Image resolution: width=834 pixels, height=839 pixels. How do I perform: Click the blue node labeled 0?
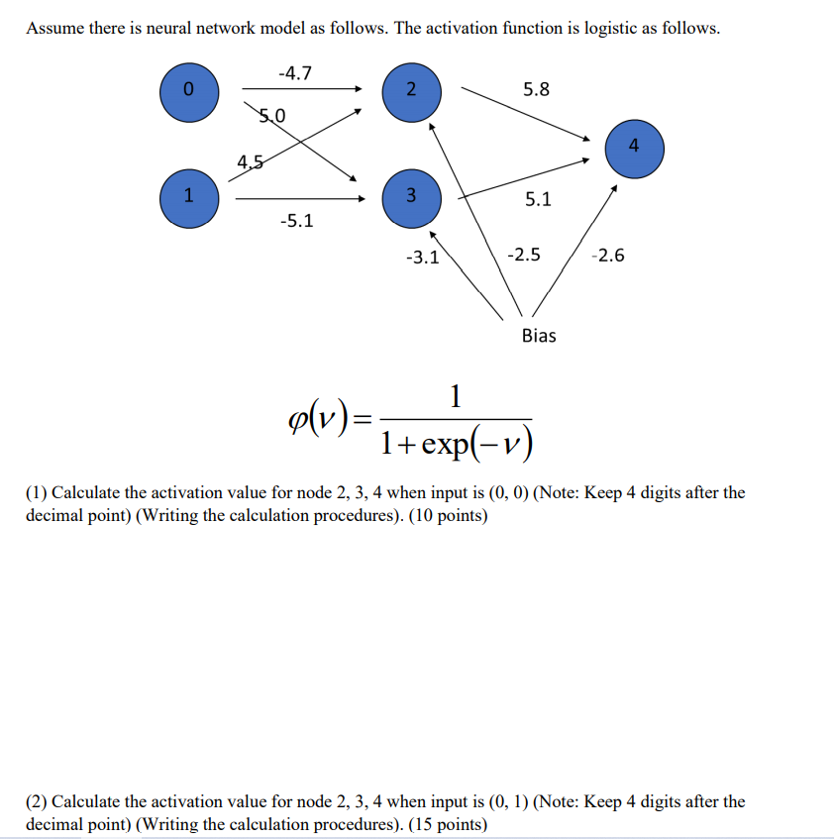coord(189,91)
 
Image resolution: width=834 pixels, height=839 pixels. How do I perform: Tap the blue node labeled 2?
coord(410,91)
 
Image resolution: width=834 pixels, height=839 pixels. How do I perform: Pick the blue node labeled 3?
coord(410,194)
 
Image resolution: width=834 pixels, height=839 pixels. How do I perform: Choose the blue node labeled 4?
coord(634,148)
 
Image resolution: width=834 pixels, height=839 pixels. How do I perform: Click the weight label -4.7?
coord(295,71)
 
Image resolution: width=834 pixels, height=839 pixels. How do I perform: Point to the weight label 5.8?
coord(536,89)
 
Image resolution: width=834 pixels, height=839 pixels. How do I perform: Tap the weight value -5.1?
coord(296,221)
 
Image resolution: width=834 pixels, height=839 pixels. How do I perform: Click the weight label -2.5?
coord(523,256)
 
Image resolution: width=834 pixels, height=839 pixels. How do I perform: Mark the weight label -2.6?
coord(607,256)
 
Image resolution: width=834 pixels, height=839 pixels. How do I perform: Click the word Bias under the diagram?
coord(539,336)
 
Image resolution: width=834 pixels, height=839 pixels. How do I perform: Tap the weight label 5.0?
coord(271,115)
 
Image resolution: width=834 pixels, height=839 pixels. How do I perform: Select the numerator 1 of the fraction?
coord(455,398)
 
